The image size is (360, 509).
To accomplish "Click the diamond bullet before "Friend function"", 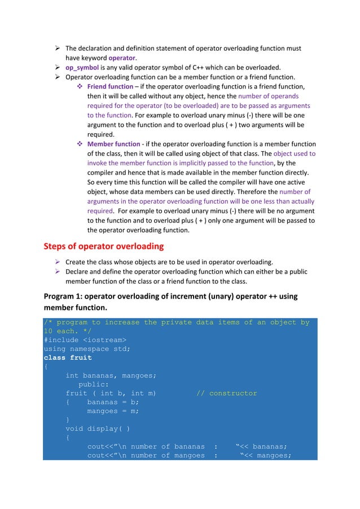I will (80, 86).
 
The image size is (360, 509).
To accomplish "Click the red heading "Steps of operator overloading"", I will (104, 247).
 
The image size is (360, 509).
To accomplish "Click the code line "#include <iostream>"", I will (85, 340).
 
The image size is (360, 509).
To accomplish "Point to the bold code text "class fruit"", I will (68, 358).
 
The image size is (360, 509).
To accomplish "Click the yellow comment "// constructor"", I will (226, 393).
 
